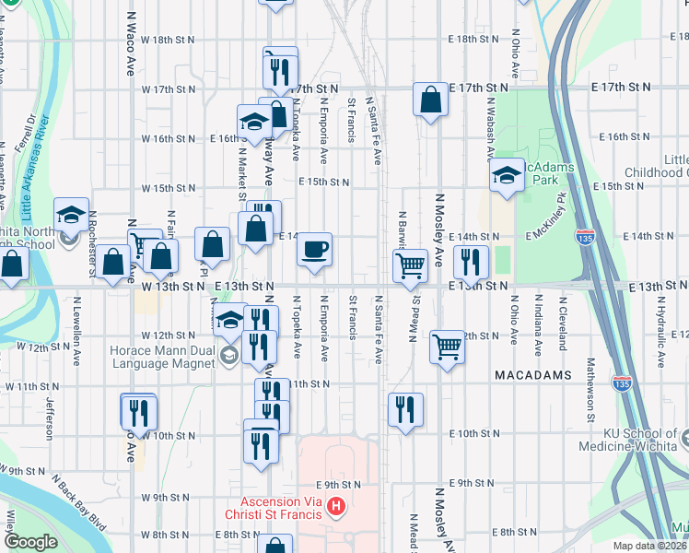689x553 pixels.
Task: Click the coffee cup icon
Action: click(314, 249)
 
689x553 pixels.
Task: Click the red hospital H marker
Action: click(336, 505)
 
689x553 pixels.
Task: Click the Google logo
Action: click(30, 542)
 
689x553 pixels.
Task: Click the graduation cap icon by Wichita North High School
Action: click(71, 214)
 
